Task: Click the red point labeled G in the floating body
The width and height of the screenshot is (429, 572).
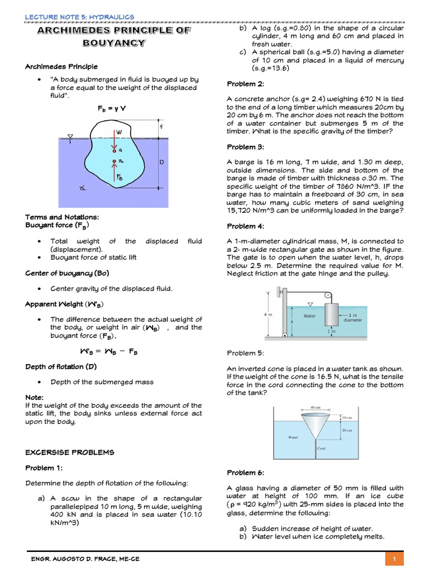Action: [x=113, y=150]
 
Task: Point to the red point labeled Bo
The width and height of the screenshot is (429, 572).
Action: [x=113, y=162]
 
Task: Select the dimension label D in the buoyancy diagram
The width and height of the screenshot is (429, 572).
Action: [x=162, y=162]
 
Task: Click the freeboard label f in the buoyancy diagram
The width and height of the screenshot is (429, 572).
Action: [x=161, y=126]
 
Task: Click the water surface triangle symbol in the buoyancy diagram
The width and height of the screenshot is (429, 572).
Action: [x=70, y=136]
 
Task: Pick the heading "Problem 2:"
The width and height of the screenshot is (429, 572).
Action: [x=241, y=84]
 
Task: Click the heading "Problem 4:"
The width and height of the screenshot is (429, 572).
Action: [x=241, y=226]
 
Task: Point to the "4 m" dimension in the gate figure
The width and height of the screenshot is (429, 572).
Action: [x=268, y=314]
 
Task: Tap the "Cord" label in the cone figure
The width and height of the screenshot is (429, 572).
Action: [x=321, y=449]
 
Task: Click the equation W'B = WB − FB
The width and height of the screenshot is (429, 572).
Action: [x=110, y=352]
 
